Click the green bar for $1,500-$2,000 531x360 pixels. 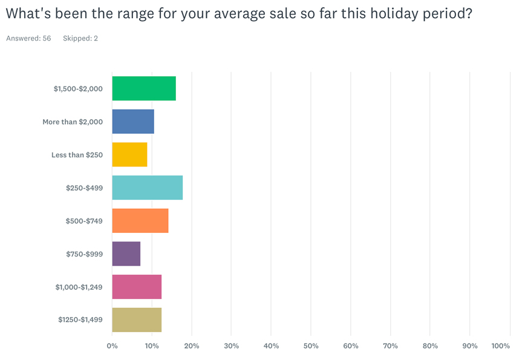[144, 88]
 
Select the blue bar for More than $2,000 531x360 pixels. [133, 122]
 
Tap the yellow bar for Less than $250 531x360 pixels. [129, 155]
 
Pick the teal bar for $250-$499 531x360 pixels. [147, 188]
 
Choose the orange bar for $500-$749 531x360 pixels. [140, 221]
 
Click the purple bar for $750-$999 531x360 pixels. [126, 254]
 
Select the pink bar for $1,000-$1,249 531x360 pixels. [137, 287]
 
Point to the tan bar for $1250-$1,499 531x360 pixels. [137, 320]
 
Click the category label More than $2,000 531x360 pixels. [73, 122]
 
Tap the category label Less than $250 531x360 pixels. [77, 155]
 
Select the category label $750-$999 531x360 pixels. [84, 254]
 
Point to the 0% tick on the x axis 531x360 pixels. [112, 346]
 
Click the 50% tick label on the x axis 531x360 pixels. [311, 346]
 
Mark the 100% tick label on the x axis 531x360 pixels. [501, 346]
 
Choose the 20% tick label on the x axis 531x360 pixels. [192, 346]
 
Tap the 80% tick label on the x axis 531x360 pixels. [430, 346]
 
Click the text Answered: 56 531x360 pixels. [28, 38]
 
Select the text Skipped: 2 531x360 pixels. [80, 38]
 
